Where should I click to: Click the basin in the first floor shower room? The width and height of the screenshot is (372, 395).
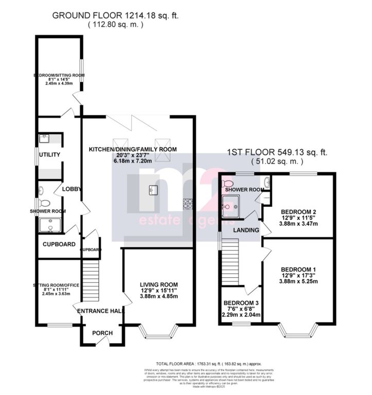coord(265,182)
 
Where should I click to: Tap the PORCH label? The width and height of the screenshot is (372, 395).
coord(102,333)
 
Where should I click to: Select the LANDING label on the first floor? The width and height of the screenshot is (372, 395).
coord(245,230)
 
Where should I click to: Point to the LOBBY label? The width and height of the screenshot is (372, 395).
coord(72,189)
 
